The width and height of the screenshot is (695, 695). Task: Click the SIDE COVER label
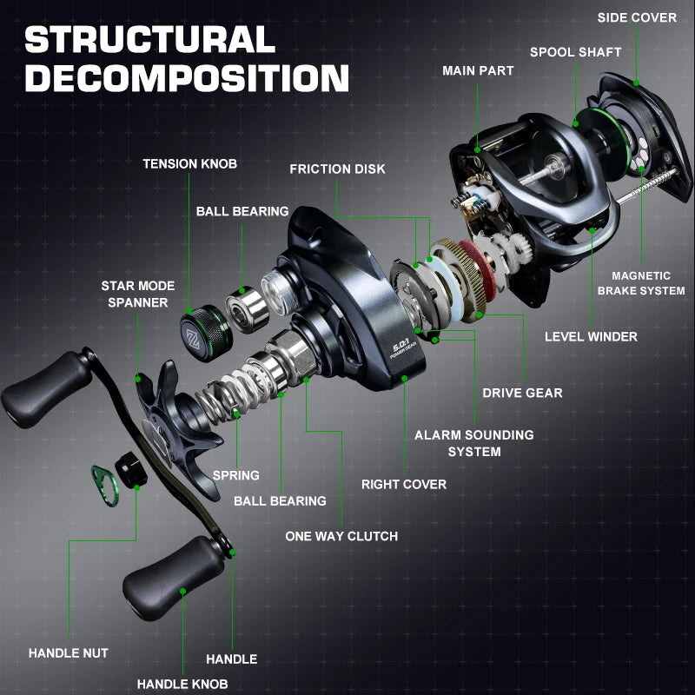637,17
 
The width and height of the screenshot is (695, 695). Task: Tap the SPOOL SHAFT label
576,52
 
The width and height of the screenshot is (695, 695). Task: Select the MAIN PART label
478,70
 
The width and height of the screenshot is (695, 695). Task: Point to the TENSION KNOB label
189,163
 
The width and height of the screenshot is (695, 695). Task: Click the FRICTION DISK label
337,169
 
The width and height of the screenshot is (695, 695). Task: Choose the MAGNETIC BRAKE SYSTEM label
641,283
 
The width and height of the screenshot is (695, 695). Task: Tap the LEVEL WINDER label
591,336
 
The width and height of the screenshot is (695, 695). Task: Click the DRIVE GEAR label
522,393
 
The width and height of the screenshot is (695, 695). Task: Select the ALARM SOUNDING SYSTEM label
474,443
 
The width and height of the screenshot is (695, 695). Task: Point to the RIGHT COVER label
404,484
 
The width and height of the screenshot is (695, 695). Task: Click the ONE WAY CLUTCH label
341,536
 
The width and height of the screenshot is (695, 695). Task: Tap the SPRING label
236,475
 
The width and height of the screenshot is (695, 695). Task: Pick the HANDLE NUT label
69,652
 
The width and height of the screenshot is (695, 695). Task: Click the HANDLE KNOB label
182,684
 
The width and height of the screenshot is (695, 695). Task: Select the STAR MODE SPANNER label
138,294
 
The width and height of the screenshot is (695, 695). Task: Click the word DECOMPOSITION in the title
187,77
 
